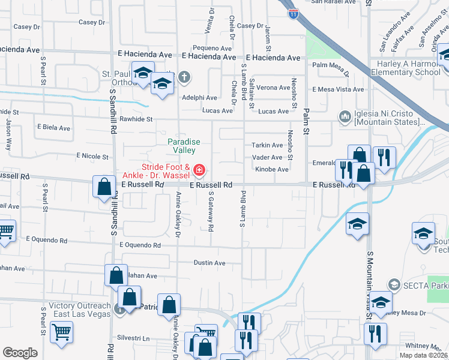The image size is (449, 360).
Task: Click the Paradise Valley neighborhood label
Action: coord(184,146)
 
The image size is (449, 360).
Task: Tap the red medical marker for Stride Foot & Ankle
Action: coord(199,172)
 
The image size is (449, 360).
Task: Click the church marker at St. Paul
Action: coord(184,77)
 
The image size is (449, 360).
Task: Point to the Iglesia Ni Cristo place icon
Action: coord(345,116)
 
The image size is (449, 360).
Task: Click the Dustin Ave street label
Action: coord(209,263)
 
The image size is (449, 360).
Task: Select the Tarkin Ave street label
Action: coord(267,145)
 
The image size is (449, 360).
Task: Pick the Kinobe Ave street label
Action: coord(272,169)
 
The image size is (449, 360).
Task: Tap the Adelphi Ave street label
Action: coord(199,97)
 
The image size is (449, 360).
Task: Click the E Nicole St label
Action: coord(91,156)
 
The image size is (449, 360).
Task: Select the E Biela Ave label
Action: coord(53,128)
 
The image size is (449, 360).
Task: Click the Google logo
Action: coord(20,353)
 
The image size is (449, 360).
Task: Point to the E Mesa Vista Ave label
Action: coord(338,89)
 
